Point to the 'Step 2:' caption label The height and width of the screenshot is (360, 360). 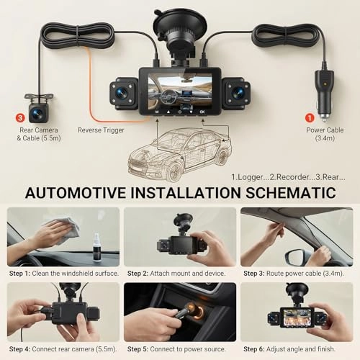click(x=138, y=274)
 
